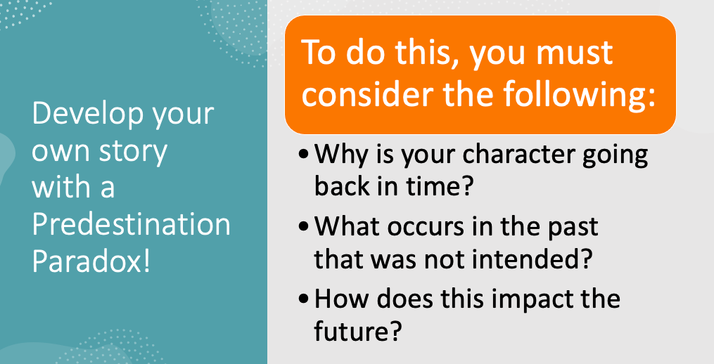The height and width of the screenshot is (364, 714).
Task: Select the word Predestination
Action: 132,224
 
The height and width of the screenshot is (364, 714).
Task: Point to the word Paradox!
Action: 91,261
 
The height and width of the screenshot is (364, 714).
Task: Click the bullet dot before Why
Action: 302,155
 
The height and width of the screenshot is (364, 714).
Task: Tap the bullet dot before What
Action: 302,228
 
